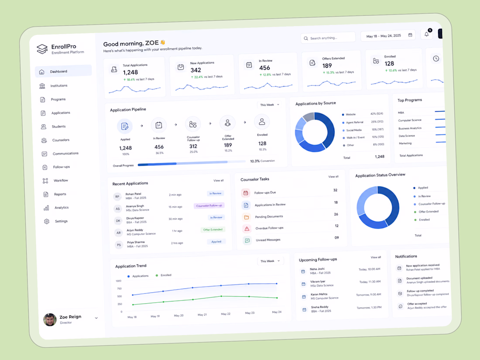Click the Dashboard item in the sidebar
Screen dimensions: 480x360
[63, 71]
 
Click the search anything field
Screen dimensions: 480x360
[328, 38]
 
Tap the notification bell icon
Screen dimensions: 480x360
[427, 34]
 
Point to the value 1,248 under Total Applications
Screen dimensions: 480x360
[130, 72]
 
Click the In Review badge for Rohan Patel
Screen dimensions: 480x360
[215, 193]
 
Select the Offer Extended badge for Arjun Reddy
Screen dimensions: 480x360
[213, 230]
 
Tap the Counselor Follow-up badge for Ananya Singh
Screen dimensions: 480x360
[209, 206]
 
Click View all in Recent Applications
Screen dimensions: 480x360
[218, 181]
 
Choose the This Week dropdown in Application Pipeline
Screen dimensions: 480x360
[270, 105]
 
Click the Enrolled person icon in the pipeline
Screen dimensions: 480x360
[262, 122]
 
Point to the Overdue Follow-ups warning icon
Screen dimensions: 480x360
[247, 229]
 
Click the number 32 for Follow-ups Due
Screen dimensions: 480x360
[335, 190]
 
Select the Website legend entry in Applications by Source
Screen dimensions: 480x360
[349, 114]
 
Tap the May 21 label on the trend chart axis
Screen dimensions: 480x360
[202, 315]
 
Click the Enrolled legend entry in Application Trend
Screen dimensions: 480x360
[164, 275]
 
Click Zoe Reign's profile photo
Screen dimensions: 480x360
[50, 319]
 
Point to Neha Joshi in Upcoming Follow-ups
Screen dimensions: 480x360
[317, 269]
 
